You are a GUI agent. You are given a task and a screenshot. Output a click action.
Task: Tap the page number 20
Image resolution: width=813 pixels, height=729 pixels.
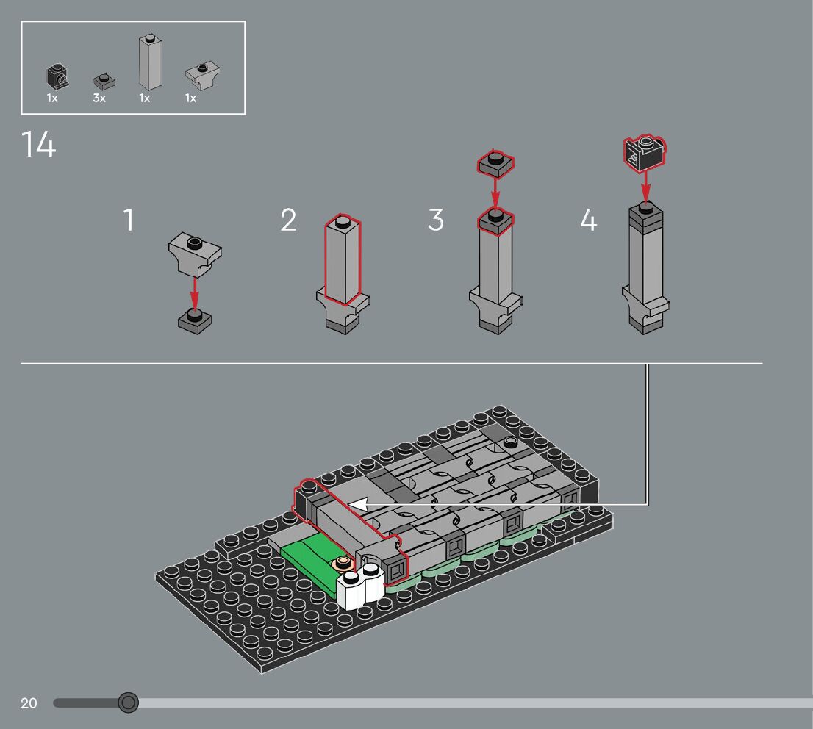point(29,703)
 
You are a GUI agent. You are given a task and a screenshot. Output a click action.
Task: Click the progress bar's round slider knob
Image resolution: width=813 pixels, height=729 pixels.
point(128,703)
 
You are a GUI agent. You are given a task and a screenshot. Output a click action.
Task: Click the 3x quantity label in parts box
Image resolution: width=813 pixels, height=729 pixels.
point(99,98)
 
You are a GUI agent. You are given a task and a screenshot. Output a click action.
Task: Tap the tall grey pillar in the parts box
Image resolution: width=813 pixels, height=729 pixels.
point(150,62)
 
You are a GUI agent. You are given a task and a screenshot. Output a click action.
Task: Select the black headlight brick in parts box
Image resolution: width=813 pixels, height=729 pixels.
point(57,76)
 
